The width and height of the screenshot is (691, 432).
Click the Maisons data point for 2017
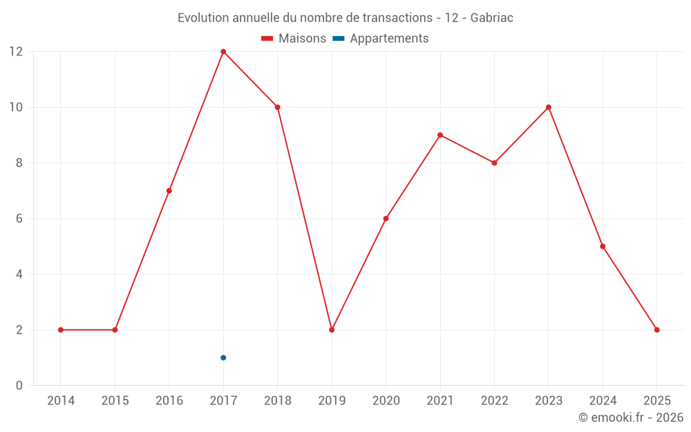point(223,52)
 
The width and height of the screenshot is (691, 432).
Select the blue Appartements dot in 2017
point(223,357)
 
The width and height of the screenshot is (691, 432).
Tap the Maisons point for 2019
point(332,330)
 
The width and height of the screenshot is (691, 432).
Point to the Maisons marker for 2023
point(549,107)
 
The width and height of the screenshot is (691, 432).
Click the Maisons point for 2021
point(440,135)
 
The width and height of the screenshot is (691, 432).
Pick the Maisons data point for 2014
point(61,330)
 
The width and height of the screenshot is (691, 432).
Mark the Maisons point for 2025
point(657,330)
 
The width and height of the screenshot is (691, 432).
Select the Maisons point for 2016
point(169,191)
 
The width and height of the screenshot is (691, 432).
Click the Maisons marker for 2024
point(603,246)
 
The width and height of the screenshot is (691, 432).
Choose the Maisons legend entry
point(294,39)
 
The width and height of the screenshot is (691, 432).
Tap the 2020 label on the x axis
point(386,401)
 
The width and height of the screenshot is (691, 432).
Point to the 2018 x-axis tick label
point(277,401)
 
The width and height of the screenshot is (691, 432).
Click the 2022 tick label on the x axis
point(494,401)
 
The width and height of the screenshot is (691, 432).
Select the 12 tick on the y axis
point(15,52)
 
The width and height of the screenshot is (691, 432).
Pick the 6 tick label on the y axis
point(19,218)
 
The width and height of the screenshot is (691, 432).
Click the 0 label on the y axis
point(19,385)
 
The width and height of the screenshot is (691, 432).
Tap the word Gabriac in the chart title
point(491,18)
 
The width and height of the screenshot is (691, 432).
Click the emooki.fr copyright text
point(630,417)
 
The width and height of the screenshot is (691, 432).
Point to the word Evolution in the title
point(202,18)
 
